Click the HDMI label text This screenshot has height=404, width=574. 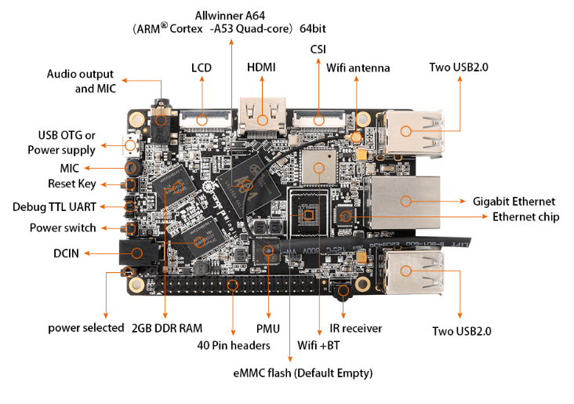click(x=261, y=67)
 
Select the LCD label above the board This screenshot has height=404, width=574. click(x=202, y=67)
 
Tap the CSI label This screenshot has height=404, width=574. click(x=318, y=49)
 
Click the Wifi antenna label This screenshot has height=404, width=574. click(x=358, y=67)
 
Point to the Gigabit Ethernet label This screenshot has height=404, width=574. click(x=514, y=202)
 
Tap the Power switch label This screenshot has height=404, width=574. click(x=63, y=228)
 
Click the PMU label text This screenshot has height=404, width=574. click(x=268, y=328)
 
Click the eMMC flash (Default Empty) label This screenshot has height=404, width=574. click(x=303, y=373)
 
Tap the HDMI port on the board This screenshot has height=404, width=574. click(x=262, y=119)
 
